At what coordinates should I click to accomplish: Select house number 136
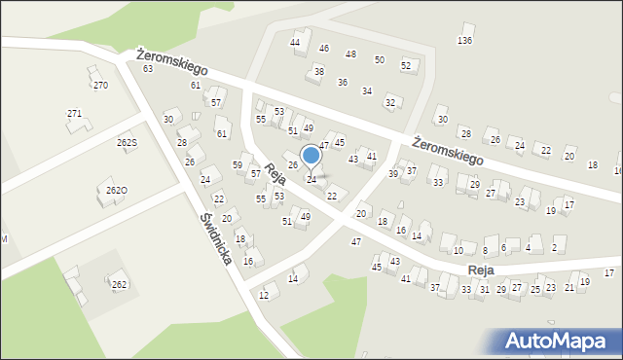[x=465, y=40]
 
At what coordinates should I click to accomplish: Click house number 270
[x=100, y=86]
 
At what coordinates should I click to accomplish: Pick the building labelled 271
[x=74, y=114]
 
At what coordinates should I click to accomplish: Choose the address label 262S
[x=128, y=143]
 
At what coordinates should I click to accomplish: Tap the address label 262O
[x=117, y=190]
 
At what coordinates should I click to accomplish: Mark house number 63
[x=148, y=69]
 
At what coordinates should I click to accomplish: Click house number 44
[x=295, y=43]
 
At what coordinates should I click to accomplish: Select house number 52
[x=406, y=66]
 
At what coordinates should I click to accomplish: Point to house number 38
[x=318, y=72]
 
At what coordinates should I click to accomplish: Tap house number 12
[x=264, y=295]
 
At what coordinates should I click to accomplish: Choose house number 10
[x=458, y=251]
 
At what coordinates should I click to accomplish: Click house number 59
[x=238, y=165]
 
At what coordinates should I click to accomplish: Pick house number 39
[x=393, y=173]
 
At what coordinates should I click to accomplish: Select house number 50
[x=380, y=60]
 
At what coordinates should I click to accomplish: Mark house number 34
[x=367, y=91]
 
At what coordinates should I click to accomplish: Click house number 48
[x=350, y=54]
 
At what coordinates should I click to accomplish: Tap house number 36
[x=343, y=83]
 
